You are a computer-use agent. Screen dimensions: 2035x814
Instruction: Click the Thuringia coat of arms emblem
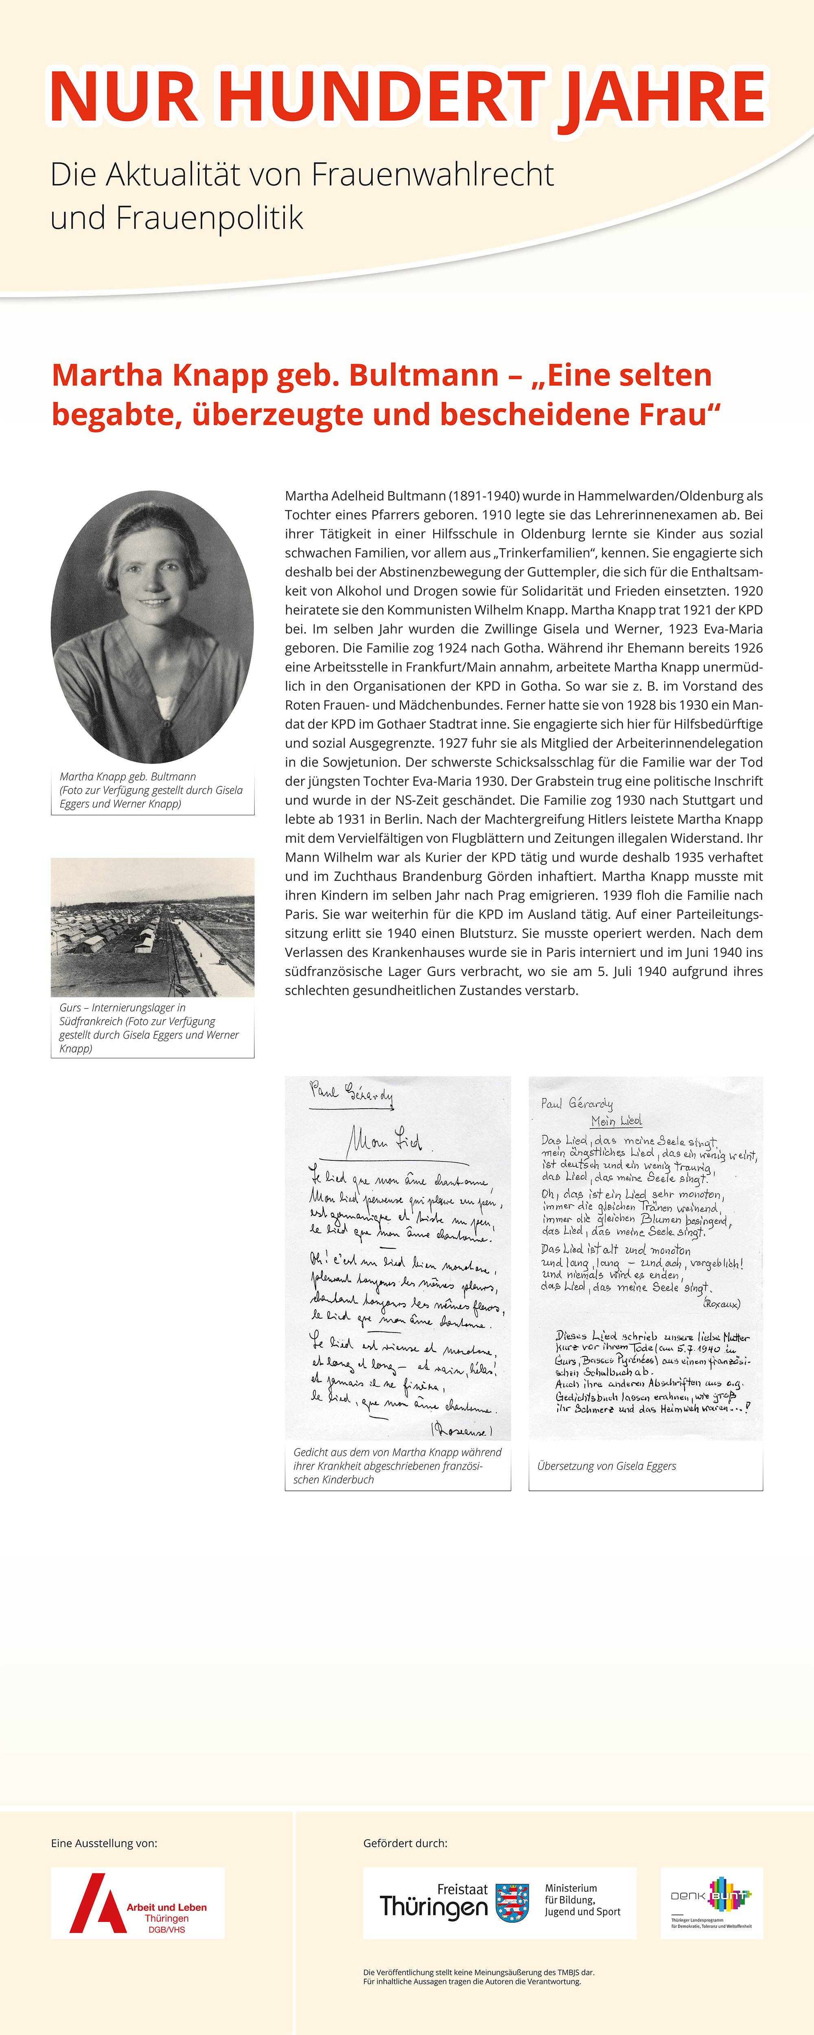tap(512, 1902)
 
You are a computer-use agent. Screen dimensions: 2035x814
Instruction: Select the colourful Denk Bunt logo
tap(711, 1902)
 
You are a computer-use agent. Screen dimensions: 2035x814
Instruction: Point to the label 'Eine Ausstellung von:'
tap(104, 1843)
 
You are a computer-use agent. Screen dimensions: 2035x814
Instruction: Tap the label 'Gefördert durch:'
tap(405, 1843)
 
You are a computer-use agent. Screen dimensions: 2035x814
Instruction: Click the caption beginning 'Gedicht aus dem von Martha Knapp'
tap(398, 1466)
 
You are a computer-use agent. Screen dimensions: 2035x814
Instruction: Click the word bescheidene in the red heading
tap(525, 415)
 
